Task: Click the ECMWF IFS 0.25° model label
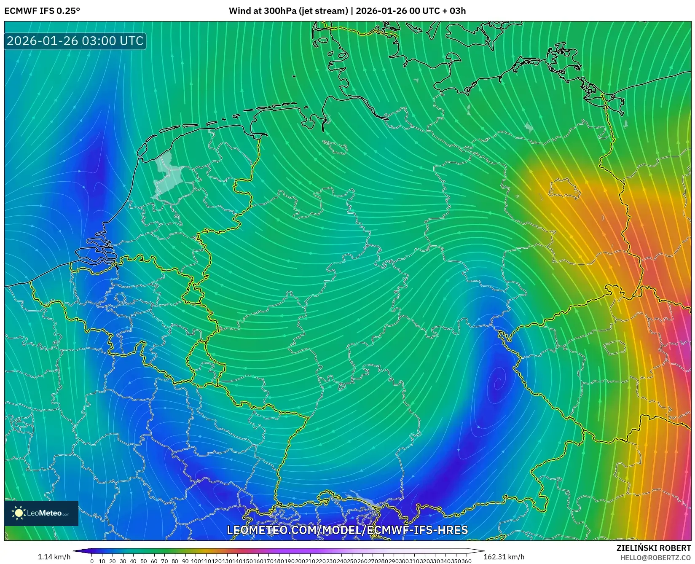[42, 11]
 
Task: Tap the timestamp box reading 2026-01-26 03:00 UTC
[75, 41]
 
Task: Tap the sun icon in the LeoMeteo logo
[19, 513]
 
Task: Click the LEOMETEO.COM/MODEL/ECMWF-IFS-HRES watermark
[347, 530]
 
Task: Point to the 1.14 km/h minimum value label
[54, 557]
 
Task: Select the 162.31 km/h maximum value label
[504, 557]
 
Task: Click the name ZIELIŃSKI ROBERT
[654, 548]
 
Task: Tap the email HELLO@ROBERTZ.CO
[655, 558]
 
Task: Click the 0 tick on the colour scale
[92, 561]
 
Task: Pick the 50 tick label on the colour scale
[144, 561]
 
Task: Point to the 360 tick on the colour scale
[467, 561]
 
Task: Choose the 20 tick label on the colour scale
[113, 561]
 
